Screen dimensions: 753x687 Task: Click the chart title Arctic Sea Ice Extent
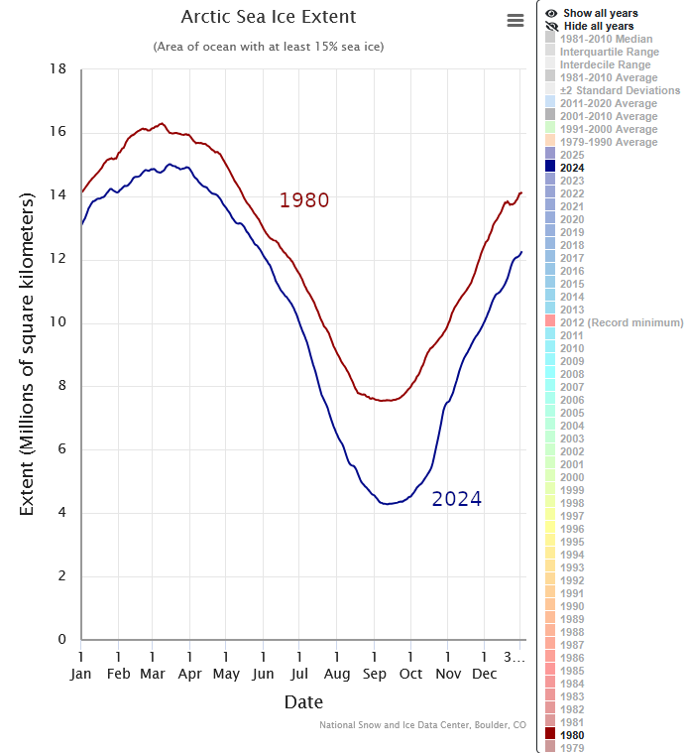269,18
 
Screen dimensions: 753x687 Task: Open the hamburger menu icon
515,21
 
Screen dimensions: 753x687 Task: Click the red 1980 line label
303,200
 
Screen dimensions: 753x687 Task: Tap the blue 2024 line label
456,499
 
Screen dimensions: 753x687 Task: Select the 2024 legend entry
571,168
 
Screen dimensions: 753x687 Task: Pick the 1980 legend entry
571,735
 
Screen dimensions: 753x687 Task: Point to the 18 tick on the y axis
58,69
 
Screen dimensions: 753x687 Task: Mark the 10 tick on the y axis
58,323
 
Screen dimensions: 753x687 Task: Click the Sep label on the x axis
374,674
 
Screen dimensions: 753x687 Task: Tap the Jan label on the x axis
81,674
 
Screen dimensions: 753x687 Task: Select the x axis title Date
303,702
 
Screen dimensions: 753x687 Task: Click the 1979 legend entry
571,748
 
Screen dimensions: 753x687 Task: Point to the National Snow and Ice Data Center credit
422,725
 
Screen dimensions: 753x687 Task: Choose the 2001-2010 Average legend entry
608,116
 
